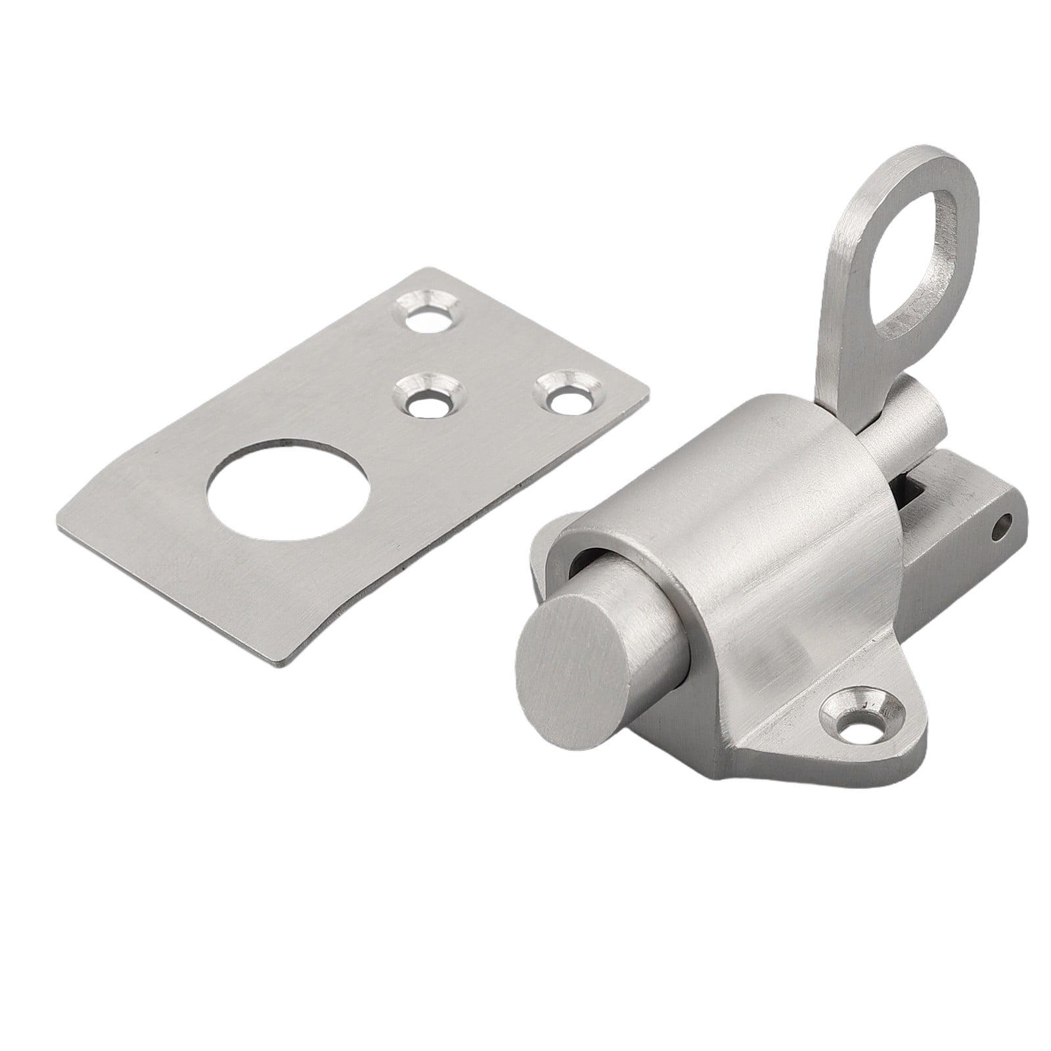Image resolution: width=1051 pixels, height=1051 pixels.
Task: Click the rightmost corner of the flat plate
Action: click(x=648, y=399)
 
